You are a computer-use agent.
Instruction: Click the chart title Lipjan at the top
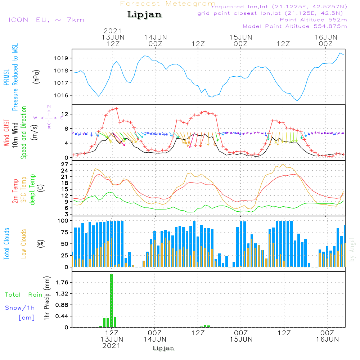pos(144,15)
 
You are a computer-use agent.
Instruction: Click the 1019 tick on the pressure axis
pos(63,58)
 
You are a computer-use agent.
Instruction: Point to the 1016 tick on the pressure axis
pos(63,95)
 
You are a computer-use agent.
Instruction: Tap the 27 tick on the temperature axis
pos(65,165)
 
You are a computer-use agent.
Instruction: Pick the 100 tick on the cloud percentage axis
pos(63,221)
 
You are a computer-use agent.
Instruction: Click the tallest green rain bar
pos(112,301)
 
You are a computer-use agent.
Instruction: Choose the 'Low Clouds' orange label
pos(24,243)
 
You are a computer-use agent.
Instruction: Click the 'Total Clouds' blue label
pos(7,243)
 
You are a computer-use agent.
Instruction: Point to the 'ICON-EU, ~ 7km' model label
pos(46,20)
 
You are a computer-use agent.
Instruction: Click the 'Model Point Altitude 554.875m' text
pos(295,26)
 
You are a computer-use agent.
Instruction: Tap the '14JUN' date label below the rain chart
pos(155,339)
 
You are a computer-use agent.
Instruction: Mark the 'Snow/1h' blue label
pos(20,308)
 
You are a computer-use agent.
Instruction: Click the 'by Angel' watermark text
pos(352,249)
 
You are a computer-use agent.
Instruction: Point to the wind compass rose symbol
pos(49,117)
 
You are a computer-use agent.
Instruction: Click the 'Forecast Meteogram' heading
pos(168,4)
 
